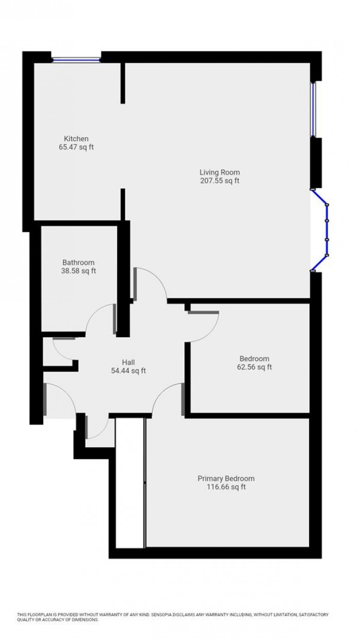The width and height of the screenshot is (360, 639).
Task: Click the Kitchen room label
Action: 76,138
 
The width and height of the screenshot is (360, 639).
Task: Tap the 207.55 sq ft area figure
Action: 220,180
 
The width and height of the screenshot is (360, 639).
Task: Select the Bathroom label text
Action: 78,262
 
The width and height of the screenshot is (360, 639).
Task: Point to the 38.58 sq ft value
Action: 78,271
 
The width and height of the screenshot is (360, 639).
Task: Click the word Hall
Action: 128,362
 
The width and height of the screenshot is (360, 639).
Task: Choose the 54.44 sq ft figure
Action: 128,371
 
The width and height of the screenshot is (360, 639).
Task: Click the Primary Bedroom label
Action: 226,478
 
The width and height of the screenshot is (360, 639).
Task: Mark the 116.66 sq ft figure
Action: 226,487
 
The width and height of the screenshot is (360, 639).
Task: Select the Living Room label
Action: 220,172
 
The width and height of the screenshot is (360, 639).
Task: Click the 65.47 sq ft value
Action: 76,147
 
